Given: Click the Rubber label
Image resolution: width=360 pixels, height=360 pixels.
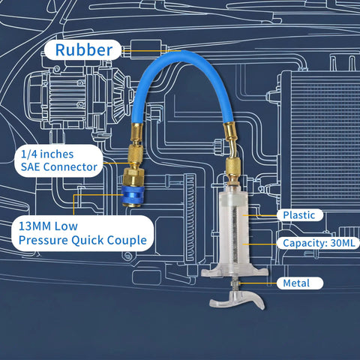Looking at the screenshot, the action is pos(84,49).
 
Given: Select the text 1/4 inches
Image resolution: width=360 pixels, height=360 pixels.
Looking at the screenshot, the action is pos(47,154).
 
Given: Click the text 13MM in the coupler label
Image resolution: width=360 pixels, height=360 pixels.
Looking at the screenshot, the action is pos(35,226).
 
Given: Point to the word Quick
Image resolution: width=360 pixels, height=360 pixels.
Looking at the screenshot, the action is pos(88,241).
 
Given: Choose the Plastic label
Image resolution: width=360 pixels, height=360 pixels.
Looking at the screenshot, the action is pos(298,215).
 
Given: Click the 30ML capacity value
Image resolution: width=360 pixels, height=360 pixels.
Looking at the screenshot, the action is pos(343,243).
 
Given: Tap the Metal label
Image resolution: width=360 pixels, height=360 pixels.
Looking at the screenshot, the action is pos(296,283).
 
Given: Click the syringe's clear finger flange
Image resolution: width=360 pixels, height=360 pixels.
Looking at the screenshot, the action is pos(235,271).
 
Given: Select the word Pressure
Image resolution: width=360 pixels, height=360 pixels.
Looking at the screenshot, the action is pos(43,241).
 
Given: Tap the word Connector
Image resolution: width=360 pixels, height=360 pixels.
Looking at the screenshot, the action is pos(70,166).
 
